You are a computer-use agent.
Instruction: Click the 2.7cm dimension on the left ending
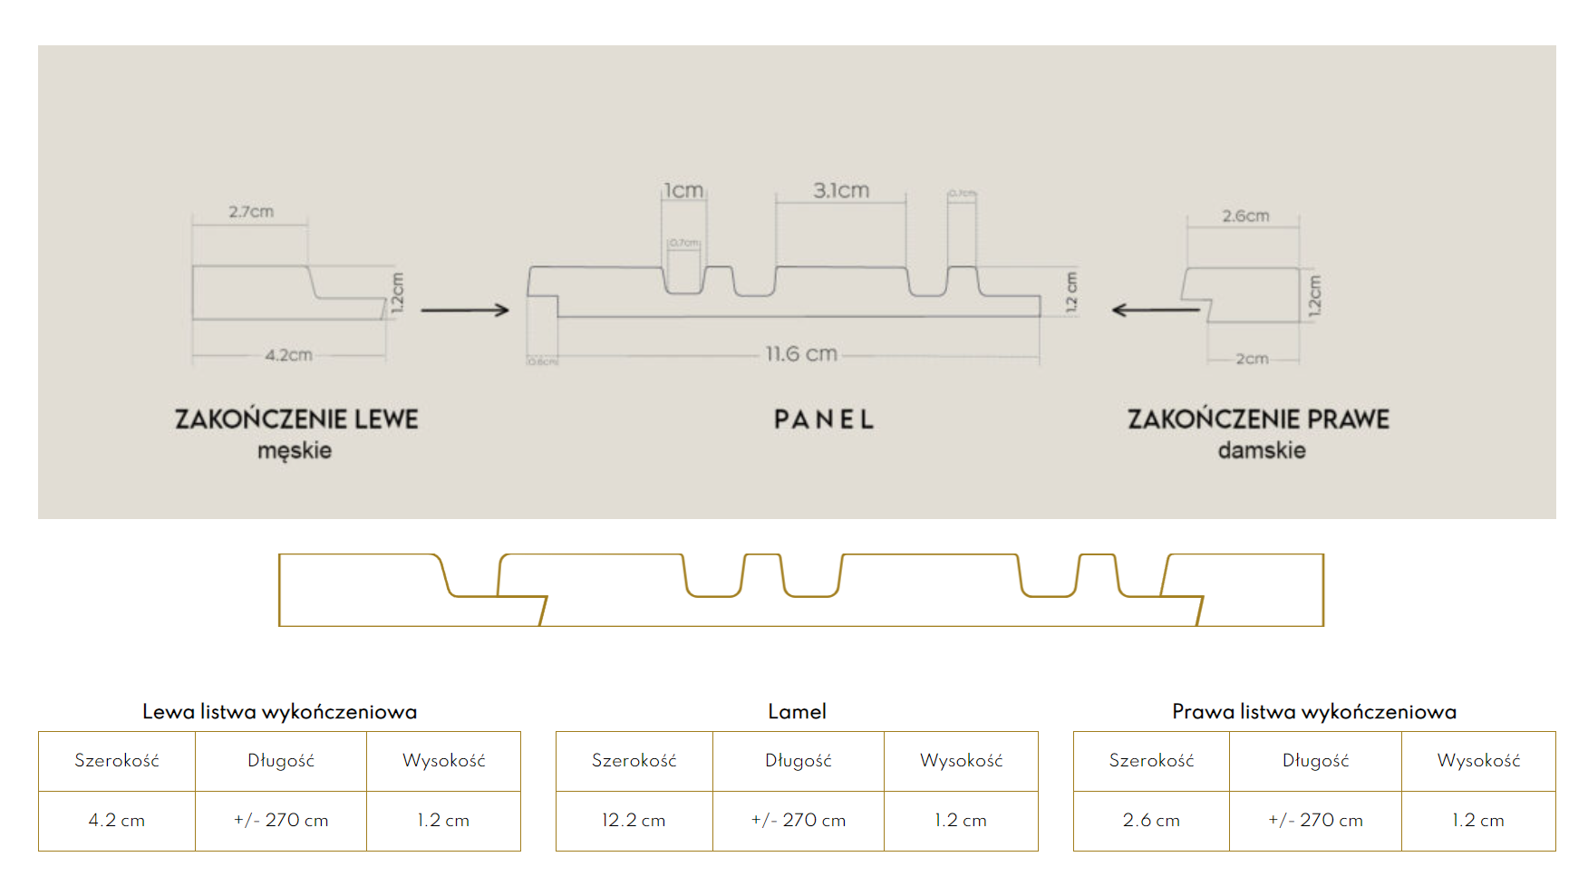(251, 212)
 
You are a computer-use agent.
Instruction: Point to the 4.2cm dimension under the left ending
(288, 355)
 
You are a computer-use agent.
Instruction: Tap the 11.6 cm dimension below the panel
(801, 353)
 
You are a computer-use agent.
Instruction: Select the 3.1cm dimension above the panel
(841, 190)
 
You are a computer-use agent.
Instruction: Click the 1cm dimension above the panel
(683, 190)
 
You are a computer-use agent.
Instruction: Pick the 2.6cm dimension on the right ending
(1245, 216)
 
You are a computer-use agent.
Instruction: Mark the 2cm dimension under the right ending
(1252, 359)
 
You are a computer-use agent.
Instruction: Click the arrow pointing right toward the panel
(465, 310)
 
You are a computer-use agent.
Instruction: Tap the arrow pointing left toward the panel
(1156, 310)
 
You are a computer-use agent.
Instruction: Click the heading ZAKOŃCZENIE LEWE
(296, 419)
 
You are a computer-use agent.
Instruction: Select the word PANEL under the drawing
(824, 419)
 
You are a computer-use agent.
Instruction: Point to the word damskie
(1262, 450)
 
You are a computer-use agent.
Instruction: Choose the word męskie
(295, 450)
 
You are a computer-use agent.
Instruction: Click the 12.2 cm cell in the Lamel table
(634, 821)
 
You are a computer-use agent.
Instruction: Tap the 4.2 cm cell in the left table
(117, 821)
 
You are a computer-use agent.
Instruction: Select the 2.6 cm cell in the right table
(1151, 821)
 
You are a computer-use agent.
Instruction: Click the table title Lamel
(797, 712)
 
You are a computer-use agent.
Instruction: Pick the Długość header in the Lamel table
(798, 761)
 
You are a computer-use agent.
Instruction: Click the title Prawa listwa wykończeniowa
(1314, 712)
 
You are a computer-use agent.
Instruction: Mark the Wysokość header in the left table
(443, 761)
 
